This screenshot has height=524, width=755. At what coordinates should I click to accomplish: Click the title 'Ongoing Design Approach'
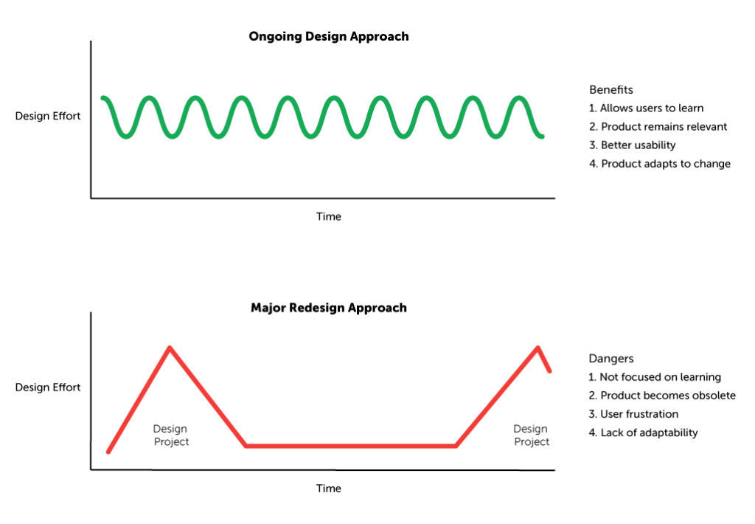[329, 37]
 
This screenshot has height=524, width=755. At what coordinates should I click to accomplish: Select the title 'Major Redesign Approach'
[329, 308]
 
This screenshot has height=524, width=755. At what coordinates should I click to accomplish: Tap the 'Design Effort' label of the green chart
[48, 116]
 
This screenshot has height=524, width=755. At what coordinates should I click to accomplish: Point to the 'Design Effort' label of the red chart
[48, 387]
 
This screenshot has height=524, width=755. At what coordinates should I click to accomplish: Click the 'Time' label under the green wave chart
[329, 216]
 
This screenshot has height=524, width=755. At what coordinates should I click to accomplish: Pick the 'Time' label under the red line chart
[329, 489]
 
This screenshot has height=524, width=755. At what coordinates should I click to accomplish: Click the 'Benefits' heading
[611, 89]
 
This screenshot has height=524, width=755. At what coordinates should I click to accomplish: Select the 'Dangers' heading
[611, 358]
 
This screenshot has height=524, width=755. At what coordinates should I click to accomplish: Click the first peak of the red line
[170, 348]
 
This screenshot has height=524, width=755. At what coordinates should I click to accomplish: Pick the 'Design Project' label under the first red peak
[171, 435]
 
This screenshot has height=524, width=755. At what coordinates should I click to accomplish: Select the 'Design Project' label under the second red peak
[531, 435]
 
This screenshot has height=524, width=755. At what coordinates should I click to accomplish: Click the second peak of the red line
[537, 348]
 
